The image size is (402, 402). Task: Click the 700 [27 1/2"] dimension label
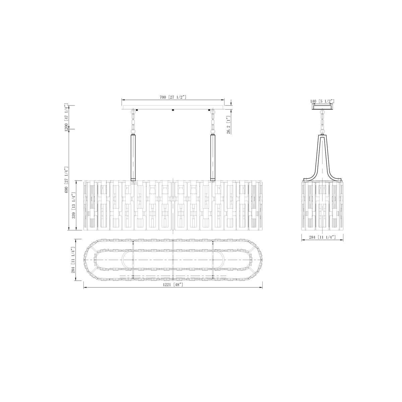(173, 97)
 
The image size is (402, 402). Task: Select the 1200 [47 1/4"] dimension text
(66, 118)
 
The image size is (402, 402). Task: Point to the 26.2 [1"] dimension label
(228, 125)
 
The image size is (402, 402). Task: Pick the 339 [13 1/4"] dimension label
(74, 205)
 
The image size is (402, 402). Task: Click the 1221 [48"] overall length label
(174, 284)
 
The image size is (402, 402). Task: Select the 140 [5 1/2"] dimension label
(323, 101)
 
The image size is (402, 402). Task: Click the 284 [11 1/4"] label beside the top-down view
(73, 260)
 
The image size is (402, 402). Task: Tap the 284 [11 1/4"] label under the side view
(322, 237)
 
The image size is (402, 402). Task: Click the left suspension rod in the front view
(133, 158)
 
